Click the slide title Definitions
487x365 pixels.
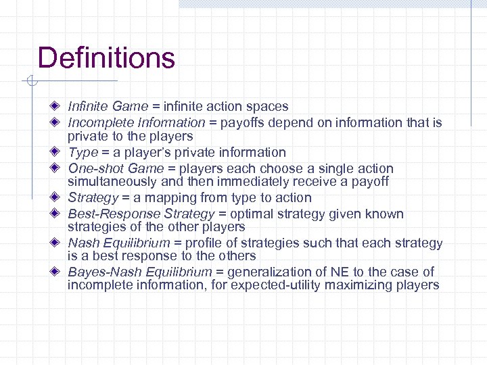coord(106,58)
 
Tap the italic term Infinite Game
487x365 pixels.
coord(108,106)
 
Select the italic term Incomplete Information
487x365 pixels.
coord(136,122)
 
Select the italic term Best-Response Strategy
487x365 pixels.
coord(140,214)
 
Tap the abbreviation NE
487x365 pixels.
coord(340,272)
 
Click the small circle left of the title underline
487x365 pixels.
coord(29,82)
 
